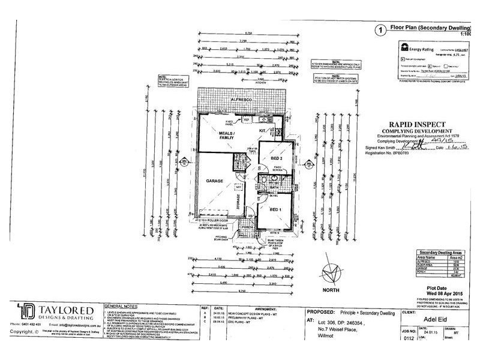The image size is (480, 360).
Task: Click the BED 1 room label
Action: click(x=275, y=209)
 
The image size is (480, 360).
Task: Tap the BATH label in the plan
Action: click(x=276, y=187)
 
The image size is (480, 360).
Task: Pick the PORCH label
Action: click(x=247, y=227)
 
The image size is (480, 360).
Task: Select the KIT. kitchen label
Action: click(x=262, y=130)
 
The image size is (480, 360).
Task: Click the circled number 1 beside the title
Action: click(x=379, y=29)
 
